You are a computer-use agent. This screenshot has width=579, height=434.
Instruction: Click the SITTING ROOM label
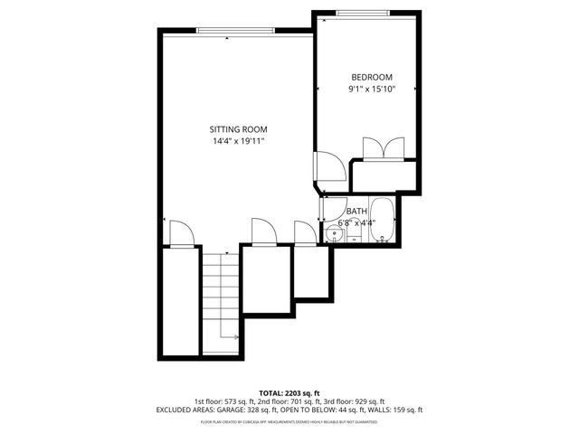(238, 129)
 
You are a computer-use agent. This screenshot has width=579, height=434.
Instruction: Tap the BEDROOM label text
(372, 78)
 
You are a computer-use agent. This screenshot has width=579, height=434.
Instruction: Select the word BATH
(356, 212)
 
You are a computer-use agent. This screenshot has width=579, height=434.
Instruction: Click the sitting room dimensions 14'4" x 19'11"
(238, 141)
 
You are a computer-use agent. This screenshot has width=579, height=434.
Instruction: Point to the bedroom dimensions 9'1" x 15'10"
(372, 90)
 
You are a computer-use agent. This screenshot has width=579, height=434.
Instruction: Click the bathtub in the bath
(383, 222)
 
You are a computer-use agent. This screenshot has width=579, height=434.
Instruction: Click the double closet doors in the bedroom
(383, 148)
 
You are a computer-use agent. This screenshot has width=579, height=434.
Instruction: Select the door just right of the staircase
(262, 231)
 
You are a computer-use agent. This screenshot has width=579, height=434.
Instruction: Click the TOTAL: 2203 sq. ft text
(289, 392)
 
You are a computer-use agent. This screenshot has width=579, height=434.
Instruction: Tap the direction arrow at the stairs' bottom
(234, 338)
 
